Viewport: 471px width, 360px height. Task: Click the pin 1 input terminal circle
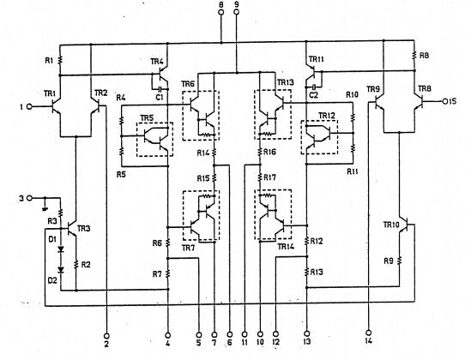tap(30, 107)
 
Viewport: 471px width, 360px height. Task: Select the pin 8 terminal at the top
tap(221, 18)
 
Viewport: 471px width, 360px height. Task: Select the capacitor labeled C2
tap(314, 87)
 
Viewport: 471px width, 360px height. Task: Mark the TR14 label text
tap(286, 247)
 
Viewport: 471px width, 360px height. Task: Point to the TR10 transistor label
tap(391, 225)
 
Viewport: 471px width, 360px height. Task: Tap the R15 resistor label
tap(202, 177)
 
